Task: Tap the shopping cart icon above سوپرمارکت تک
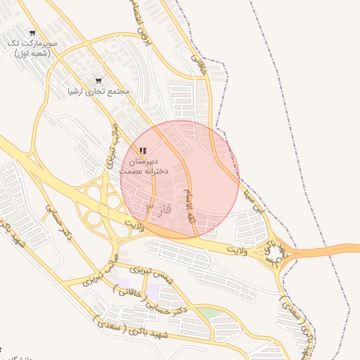(32, 33)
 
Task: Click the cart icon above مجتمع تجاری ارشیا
(98, 81)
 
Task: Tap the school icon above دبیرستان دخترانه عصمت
(143, 150)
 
